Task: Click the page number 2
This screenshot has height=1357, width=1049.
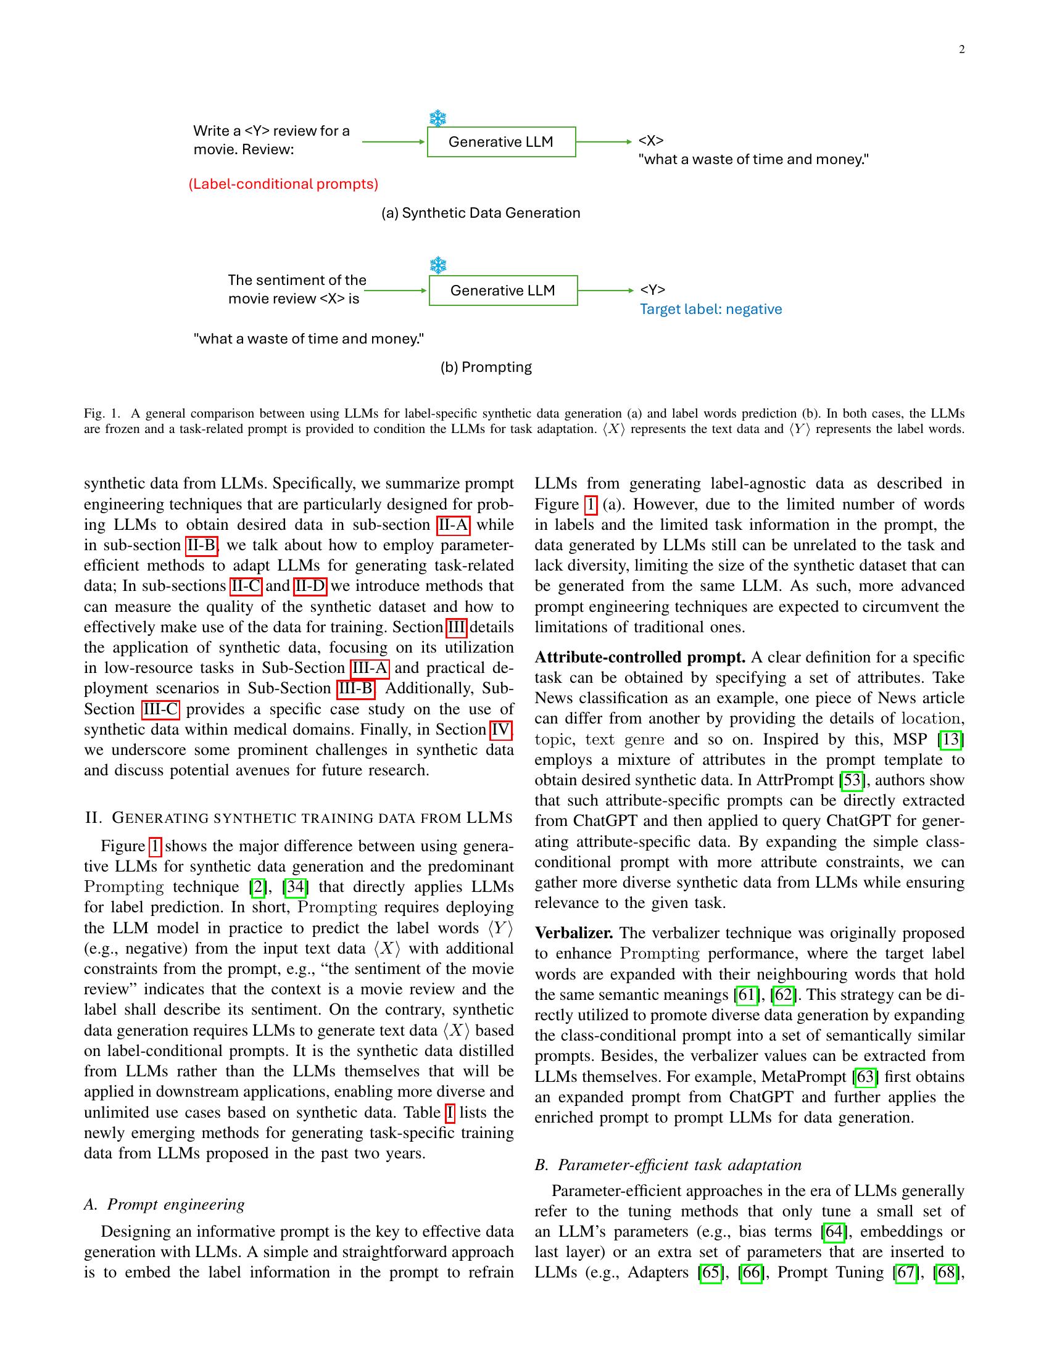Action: tap(961, 51)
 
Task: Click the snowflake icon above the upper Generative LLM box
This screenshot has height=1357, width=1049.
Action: tap(438, 118)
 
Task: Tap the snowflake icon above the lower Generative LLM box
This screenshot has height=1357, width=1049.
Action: tap(439, 266)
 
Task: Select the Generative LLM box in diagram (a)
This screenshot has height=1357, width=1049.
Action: tap(501, 142)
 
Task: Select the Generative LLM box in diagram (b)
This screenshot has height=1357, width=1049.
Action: tap(503, 290)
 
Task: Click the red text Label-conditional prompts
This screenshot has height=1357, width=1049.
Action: tap(283, 184)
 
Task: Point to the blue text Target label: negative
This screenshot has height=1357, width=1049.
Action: tap(710, 310)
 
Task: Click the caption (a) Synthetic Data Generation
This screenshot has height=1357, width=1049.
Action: tap(480, 213)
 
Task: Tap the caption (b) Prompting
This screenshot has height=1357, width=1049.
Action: tap(486, 367)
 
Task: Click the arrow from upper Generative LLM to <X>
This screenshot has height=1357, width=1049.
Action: tap(603, 142)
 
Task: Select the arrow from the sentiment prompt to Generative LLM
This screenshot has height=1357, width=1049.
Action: tap(396, 290)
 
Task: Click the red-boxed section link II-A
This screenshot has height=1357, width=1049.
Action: tap(453, 525)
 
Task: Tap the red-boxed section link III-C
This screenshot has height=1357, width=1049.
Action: tap(160, 709)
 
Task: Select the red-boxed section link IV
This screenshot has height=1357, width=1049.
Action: tap(501, 730)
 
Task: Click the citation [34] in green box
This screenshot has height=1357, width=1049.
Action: tap(295, 886)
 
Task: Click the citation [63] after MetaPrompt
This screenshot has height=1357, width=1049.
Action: tap(866, 1076)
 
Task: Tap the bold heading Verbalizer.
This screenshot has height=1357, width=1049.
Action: tap(574, 933)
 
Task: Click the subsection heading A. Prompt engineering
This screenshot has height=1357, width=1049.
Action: tap(164, 1204)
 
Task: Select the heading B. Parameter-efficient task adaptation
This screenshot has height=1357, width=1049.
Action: tap(668, 1165)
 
